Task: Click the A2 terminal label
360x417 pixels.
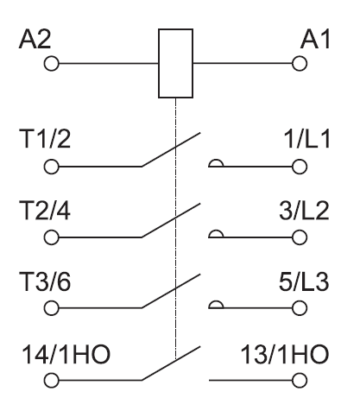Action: (x=35, y=39)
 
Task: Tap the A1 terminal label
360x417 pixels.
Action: (x=315, y=39)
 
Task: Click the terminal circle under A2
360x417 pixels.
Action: (x=52, y=63)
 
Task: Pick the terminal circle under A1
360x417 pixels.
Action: (x=300, y=63)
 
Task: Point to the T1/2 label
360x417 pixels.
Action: (x=45, y=139)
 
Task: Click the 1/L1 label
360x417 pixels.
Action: (x=306, y=139)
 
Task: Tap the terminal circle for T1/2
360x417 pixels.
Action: (x=52, y=167)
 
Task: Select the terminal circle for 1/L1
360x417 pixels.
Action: (x=300, y=167)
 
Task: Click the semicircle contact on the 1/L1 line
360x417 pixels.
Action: (x=216, y=160)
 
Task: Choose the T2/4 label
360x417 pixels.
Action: (x=45, y=211)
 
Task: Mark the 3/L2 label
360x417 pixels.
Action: (x=304, y=211)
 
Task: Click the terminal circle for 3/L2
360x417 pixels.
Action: (x=300, y=237)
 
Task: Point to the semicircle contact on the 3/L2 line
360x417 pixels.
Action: (x=216, y=231)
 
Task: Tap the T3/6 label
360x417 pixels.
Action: (x=45, y=281)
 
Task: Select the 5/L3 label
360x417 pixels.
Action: (x=304, y=281)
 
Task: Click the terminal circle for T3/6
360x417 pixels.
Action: (x=52, y=308)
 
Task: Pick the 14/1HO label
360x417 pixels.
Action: (x=66, y=354)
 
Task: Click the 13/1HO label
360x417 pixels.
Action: (x=285, y=354)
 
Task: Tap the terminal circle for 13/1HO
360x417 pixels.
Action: (x=300, y=381)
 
